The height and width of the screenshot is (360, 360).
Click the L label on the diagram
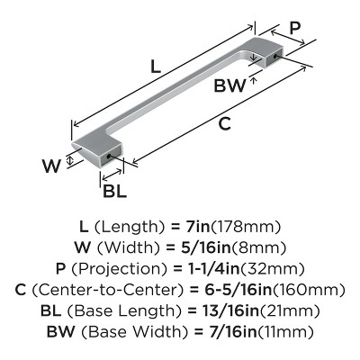pyautogui.click(x=155, y=67)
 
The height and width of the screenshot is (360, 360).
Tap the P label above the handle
pyautogui.click(x=294, y=29)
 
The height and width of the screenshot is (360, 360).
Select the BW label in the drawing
pyautogui.click(x=229, y=85)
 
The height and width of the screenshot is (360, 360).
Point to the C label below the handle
pyautogui.click(x=224, y=123)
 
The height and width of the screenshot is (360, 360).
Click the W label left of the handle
pyautogui.click(x=51, y=166)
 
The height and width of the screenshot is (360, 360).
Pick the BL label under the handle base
pyautogui.click(x=114, y=191)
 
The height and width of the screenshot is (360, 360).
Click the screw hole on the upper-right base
pyautogui.click(x=275, y=56)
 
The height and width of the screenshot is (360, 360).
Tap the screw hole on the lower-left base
pyautogui.click(x=109, y=156)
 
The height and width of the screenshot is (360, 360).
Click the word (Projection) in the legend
pyautogui.click(x=120, y=269)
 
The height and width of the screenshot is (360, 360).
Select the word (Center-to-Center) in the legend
pyautogui.click(x=107, y=290)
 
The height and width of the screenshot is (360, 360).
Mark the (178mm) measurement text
pyautogui.click(x=246, y=227)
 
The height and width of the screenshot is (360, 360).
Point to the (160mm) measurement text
pyautogui.click(x=309, y=290)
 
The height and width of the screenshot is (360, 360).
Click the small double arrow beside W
pyautogui.click(x=69, y=159)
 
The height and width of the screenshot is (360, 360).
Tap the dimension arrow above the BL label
pyautogui.click(x=112, y=175)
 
